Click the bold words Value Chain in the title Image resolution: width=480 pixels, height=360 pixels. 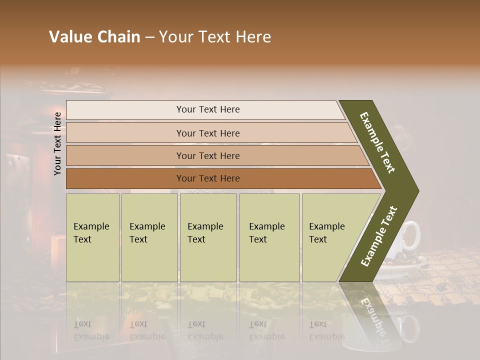(x=94, y=37)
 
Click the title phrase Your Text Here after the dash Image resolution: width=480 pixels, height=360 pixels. (x=215, y=37)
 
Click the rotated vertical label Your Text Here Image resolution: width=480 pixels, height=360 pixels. (x=57, y=144)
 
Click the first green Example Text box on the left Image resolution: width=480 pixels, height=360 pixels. (x=92, y=237)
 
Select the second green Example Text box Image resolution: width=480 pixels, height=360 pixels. (x=149, y=237)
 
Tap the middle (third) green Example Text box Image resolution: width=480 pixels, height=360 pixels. (x=208, y=237)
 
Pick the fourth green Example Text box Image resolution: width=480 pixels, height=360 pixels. (x=269, y=237)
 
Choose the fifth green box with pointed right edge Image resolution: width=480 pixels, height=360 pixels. (x=332, y=237)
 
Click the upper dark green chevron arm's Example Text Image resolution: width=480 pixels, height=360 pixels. (x=377, y=142)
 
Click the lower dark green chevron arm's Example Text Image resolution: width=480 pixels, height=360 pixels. (x=379, y=236)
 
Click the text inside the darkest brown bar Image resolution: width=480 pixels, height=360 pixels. (x=208, y=178)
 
